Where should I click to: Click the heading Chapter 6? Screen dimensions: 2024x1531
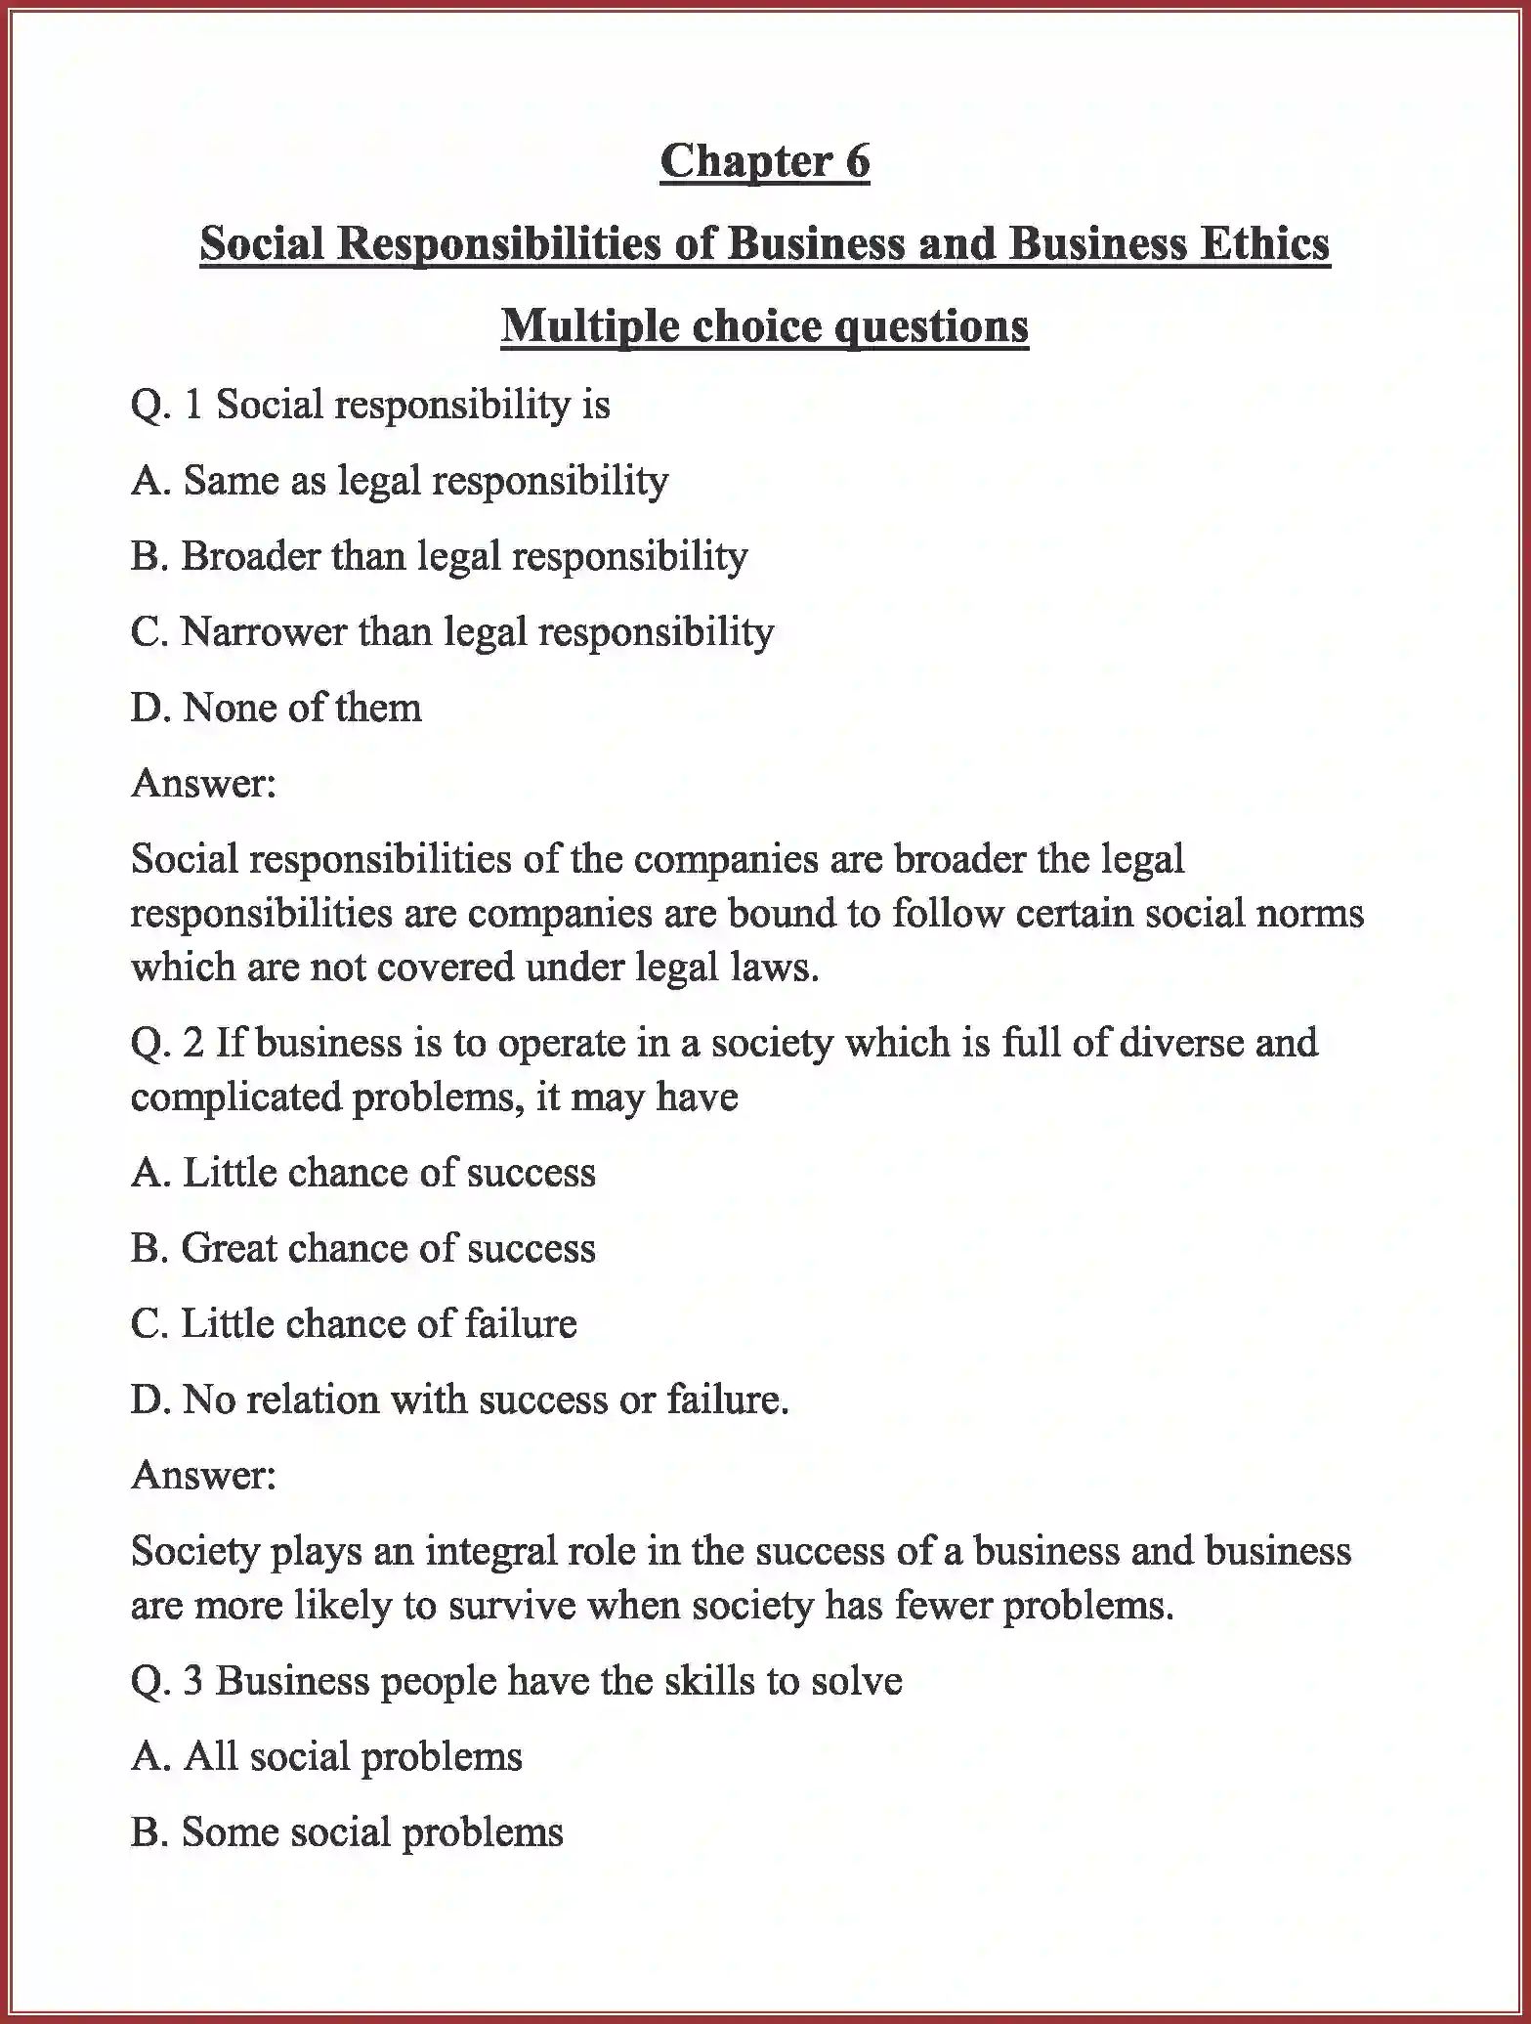764,161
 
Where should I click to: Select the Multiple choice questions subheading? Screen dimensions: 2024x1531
764,325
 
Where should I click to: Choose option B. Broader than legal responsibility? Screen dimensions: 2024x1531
439,556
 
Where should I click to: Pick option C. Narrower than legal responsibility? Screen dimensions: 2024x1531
451,632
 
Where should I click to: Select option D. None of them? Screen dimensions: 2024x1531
276,708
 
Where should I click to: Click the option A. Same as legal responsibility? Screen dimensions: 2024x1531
399,481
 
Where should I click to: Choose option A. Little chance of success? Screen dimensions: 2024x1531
362,1173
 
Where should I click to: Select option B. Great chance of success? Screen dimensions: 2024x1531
362,1248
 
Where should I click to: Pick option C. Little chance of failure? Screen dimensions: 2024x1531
353,1324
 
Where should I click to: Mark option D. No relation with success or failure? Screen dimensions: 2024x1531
459,1400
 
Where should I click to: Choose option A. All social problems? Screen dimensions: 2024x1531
326,1757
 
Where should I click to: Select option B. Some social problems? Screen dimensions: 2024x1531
347,1832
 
